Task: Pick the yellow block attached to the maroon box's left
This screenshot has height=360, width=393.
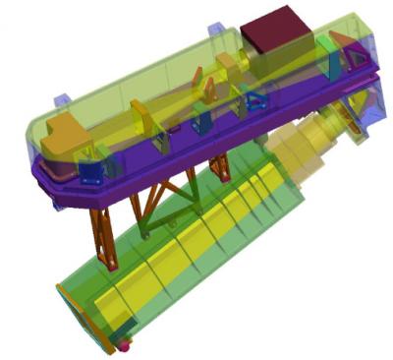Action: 231,64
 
